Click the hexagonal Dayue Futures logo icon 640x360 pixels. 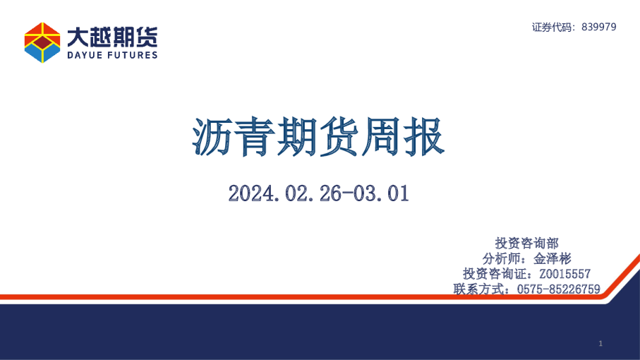click(42, 42)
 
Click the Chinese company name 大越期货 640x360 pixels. click(112, 36)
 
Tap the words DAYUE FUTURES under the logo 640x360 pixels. click(112, 55)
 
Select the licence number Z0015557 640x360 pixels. click(564, 273)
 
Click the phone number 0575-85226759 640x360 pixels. click(558, 289)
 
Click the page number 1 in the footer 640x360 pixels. click(600, 344)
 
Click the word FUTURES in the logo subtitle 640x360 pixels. click(133, 55)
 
